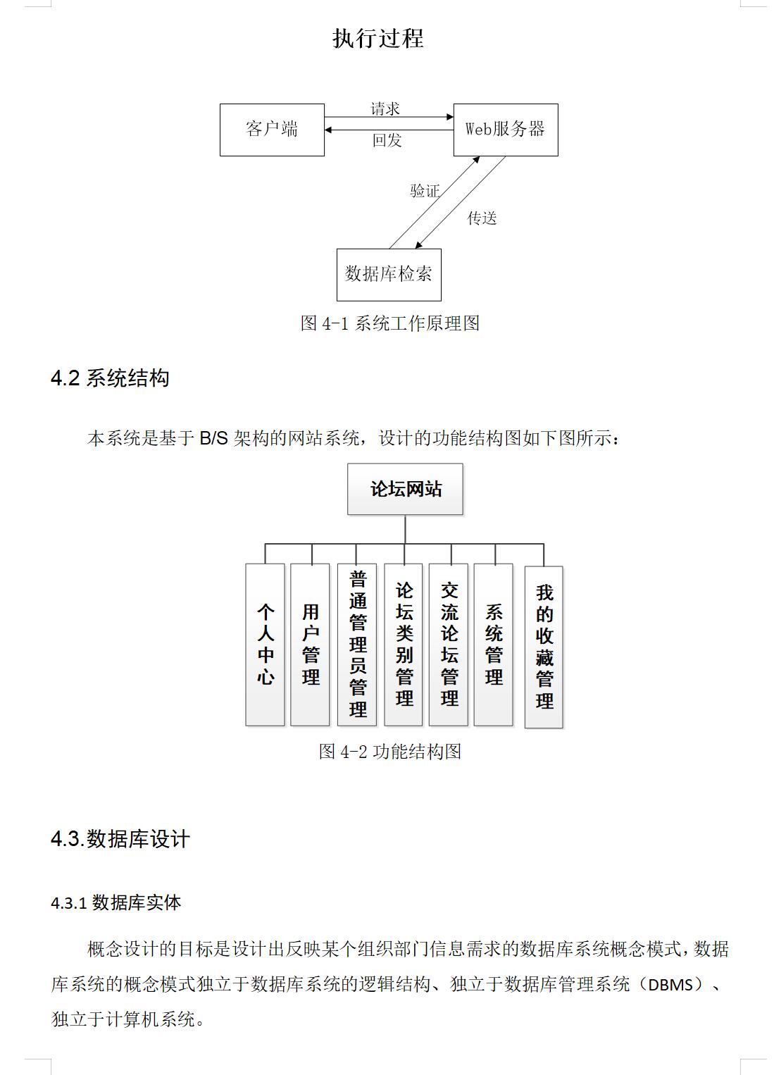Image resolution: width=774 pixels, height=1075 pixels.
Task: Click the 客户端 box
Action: (272, 130)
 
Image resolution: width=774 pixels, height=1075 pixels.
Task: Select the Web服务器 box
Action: (506, 130)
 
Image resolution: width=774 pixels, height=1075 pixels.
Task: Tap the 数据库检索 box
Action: (389, 275)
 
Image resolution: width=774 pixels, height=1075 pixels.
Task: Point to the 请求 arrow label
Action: (385, 109)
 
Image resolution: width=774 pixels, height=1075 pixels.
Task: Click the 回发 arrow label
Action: (387, 140)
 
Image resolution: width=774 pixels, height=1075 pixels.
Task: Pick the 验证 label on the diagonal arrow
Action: (425, 191)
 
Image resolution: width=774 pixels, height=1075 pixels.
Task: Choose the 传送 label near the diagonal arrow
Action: (482, 218)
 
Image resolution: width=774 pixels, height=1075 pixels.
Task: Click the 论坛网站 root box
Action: (406, 489)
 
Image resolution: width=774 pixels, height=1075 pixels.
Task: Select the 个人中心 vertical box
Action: (265, 645)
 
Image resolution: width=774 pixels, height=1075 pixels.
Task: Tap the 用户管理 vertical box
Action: (310, 645)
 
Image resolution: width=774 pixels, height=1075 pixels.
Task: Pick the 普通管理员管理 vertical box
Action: (357, 645)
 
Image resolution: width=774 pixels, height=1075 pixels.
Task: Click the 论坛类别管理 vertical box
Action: (404, 645)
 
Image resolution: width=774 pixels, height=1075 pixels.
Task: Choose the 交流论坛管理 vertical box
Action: (449, 645)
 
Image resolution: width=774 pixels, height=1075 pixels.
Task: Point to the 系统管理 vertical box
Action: (494, 645)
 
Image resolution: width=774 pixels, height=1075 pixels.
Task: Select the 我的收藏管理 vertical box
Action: (544, 647)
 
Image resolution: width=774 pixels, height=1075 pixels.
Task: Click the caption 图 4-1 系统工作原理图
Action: (389, 323)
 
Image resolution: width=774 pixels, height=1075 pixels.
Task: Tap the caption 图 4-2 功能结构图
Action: (389, 752)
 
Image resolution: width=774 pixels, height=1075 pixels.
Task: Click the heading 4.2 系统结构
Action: (110, 378)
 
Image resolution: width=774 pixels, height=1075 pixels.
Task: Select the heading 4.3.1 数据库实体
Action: (116, 902)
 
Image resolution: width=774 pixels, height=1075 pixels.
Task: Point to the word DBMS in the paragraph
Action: (670, 985)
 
